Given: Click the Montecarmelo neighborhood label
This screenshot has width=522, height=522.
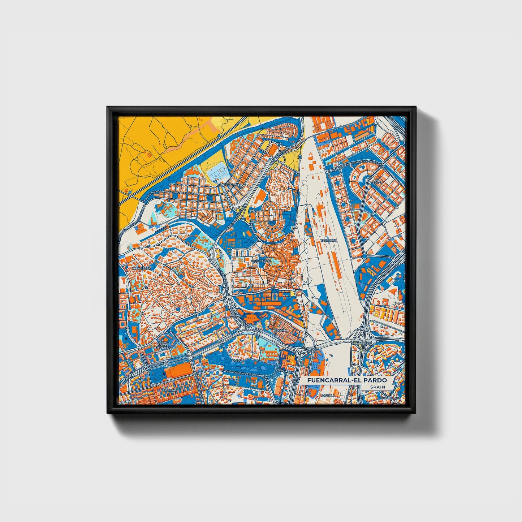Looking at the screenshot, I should pos(229,185).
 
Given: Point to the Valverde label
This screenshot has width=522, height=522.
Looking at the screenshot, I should pos(328,240).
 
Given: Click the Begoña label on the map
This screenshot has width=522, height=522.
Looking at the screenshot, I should pos(281,330).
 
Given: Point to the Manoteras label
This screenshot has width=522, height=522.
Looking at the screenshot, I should pos(360,342).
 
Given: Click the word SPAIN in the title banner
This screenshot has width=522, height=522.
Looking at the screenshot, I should pos(377,387).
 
